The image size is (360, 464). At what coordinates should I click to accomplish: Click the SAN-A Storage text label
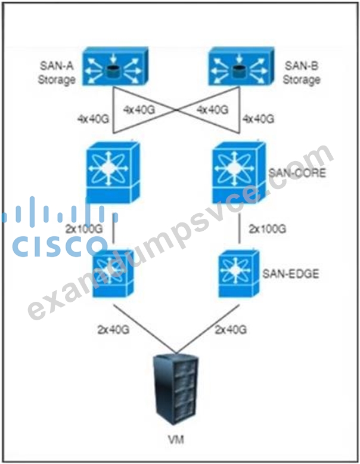[57, 73]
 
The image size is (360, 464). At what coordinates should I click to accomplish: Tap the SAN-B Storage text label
[302, 73]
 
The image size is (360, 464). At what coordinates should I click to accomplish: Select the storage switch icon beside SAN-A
[116, 66]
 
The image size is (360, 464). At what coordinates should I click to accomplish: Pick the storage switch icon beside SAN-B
[241, 66]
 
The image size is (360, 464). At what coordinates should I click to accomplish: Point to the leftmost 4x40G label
[93, 119]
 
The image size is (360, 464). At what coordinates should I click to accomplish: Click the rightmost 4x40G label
[258, 119]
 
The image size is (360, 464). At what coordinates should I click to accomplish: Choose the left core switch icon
[113, 172]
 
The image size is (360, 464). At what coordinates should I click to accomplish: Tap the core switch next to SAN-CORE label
[239, 172]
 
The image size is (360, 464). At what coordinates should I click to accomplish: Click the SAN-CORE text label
[297, 172]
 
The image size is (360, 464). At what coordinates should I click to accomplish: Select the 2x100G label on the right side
[268, 229]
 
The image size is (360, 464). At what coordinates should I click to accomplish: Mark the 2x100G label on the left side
[84, 229]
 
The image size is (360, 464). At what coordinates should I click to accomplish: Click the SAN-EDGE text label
[291, 274]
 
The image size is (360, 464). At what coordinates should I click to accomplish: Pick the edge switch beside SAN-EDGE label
[239, 273]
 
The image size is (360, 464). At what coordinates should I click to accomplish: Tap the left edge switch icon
[113, 273]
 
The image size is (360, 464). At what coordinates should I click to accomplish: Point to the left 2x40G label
[113, 329]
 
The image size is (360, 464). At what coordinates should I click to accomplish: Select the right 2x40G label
[231, 329]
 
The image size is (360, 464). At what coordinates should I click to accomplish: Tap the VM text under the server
[176, 440]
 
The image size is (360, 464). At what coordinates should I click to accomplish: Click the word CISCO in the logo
[58, 246]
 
